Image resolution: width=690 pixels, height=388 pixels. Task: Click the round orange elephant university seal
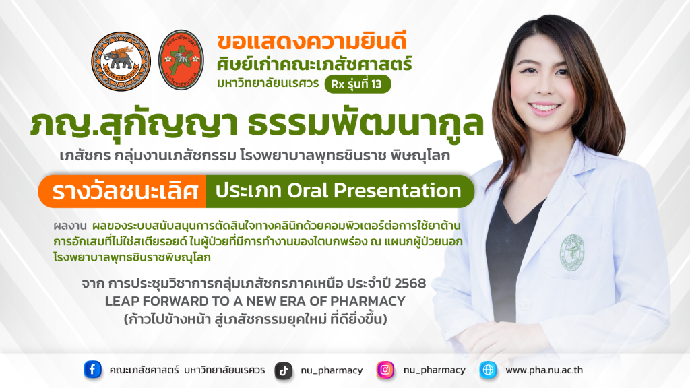tap(121, 61)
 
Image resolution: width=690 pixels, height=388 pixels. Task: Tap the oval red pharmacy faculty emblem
tap(181, 60)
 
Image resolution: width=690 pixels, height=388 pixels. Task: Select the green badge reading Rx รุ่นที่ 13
tap(358, 84)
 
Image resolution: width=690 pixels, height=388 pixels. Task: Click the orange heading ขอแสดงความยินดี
tap(312, 41)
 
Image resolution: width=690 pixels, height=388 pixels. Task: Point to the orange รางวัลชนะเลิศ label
tap(125, 192)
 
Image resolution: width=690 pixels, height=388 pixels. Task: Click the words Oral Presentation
tap(374, 191)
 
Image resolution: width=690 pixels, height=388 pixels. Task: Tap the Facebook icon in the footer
tap(92, 370)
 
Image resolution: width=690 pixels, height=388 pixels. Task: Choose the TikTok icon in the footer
tap(284, 370)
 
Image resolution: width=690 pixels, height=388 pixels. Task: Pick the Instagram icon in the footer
tap(385, 370)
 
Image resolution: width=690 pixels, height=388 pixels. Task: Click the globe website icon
tap(488, 370)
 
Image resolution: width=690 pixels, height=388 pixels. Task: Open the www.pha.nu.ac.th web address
tap(544, 370)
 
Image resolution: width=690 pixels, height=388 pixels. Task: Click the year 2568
tap(410, 283)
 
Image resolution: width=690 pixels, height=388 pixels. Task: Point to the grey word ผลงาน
tap(70, 226)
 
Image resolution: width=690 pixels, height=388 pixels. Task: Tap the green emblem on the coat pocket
tap(571, 253)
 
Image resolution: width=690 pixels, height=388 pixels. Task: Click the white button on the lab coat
tap(524, 304)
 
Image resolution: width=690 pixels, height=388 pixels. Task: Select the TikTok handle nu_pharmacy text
tap(332, 371)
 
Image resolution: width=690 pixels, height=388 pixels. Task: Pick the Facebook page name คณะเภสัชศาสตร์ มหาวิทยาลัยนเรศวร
tap(187, 370)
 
